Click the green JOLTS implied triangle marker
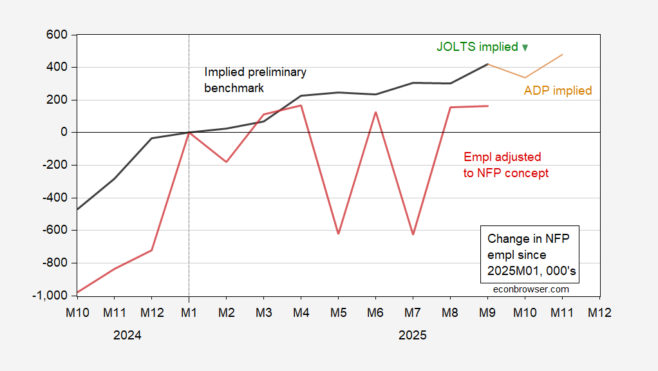pos(525,48)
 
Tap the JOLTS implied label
pos(477,47)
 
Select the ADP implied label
pos(558,91)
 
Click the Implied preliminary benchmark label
pos(255,80)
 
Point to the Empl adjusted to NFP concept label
pos(506,165)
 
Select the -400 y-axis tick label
pos(57,198)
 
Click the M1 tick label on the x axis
pos(189,311)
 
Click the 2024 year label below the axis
pos(127,336)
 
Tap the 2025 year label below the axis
pos(413,336)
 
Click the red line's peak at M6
pos(375,112)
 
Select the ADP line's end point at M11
pos(563,55)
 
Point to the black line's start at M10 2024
pos(77,209)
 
